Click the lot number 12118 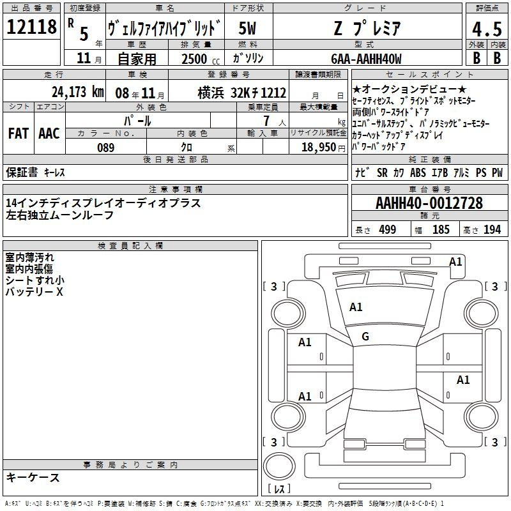[31, 26]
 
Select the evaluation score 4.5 [487, 29]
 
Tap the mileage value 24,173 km [78, 92]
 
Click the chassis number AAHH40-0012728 [429, 202]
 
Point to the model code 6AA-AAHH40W [366, 59]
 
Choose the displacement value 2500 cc [201, 59]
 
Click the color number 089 [106, 148]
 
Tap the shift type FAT [19, 133]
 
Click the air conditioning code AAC [49, 133]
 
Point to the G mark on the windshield [365, 337]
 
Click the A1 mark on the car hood [356, 307]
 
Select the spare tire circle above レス [279, 466]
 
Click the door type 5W [247, 28]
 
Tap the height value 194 [492, 229]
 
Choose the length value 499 [388, 229]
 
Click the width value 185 [441, 229]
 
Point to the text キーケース [33, 477]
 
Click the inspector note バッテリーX [34, 292]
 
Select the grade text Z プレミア [367, 28]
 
